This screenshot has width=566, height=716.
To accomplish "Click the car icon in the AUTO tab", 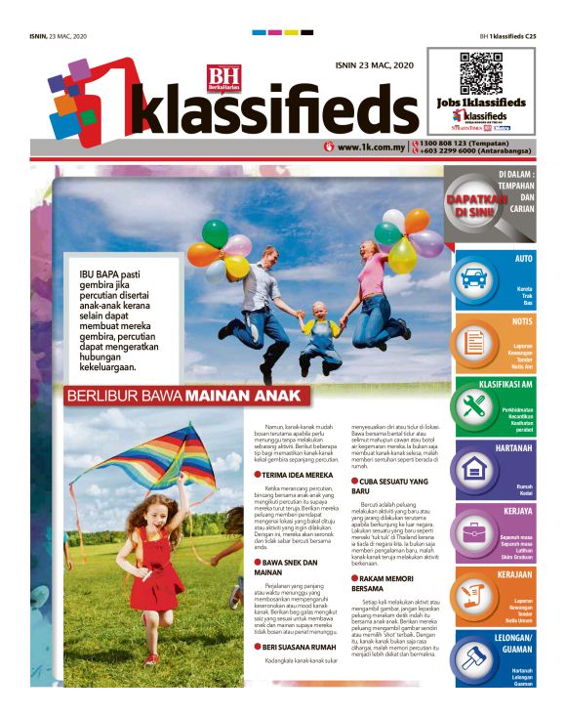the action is coord(473,277).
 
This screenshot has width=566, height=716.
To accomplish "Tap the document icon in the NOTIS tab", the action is coord(474,342).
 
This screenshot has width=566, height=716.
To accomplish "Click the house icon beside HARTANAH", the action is coord(474,468).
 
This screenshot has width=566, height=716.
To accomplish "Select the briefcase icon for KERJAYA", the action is coord(474,532).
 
